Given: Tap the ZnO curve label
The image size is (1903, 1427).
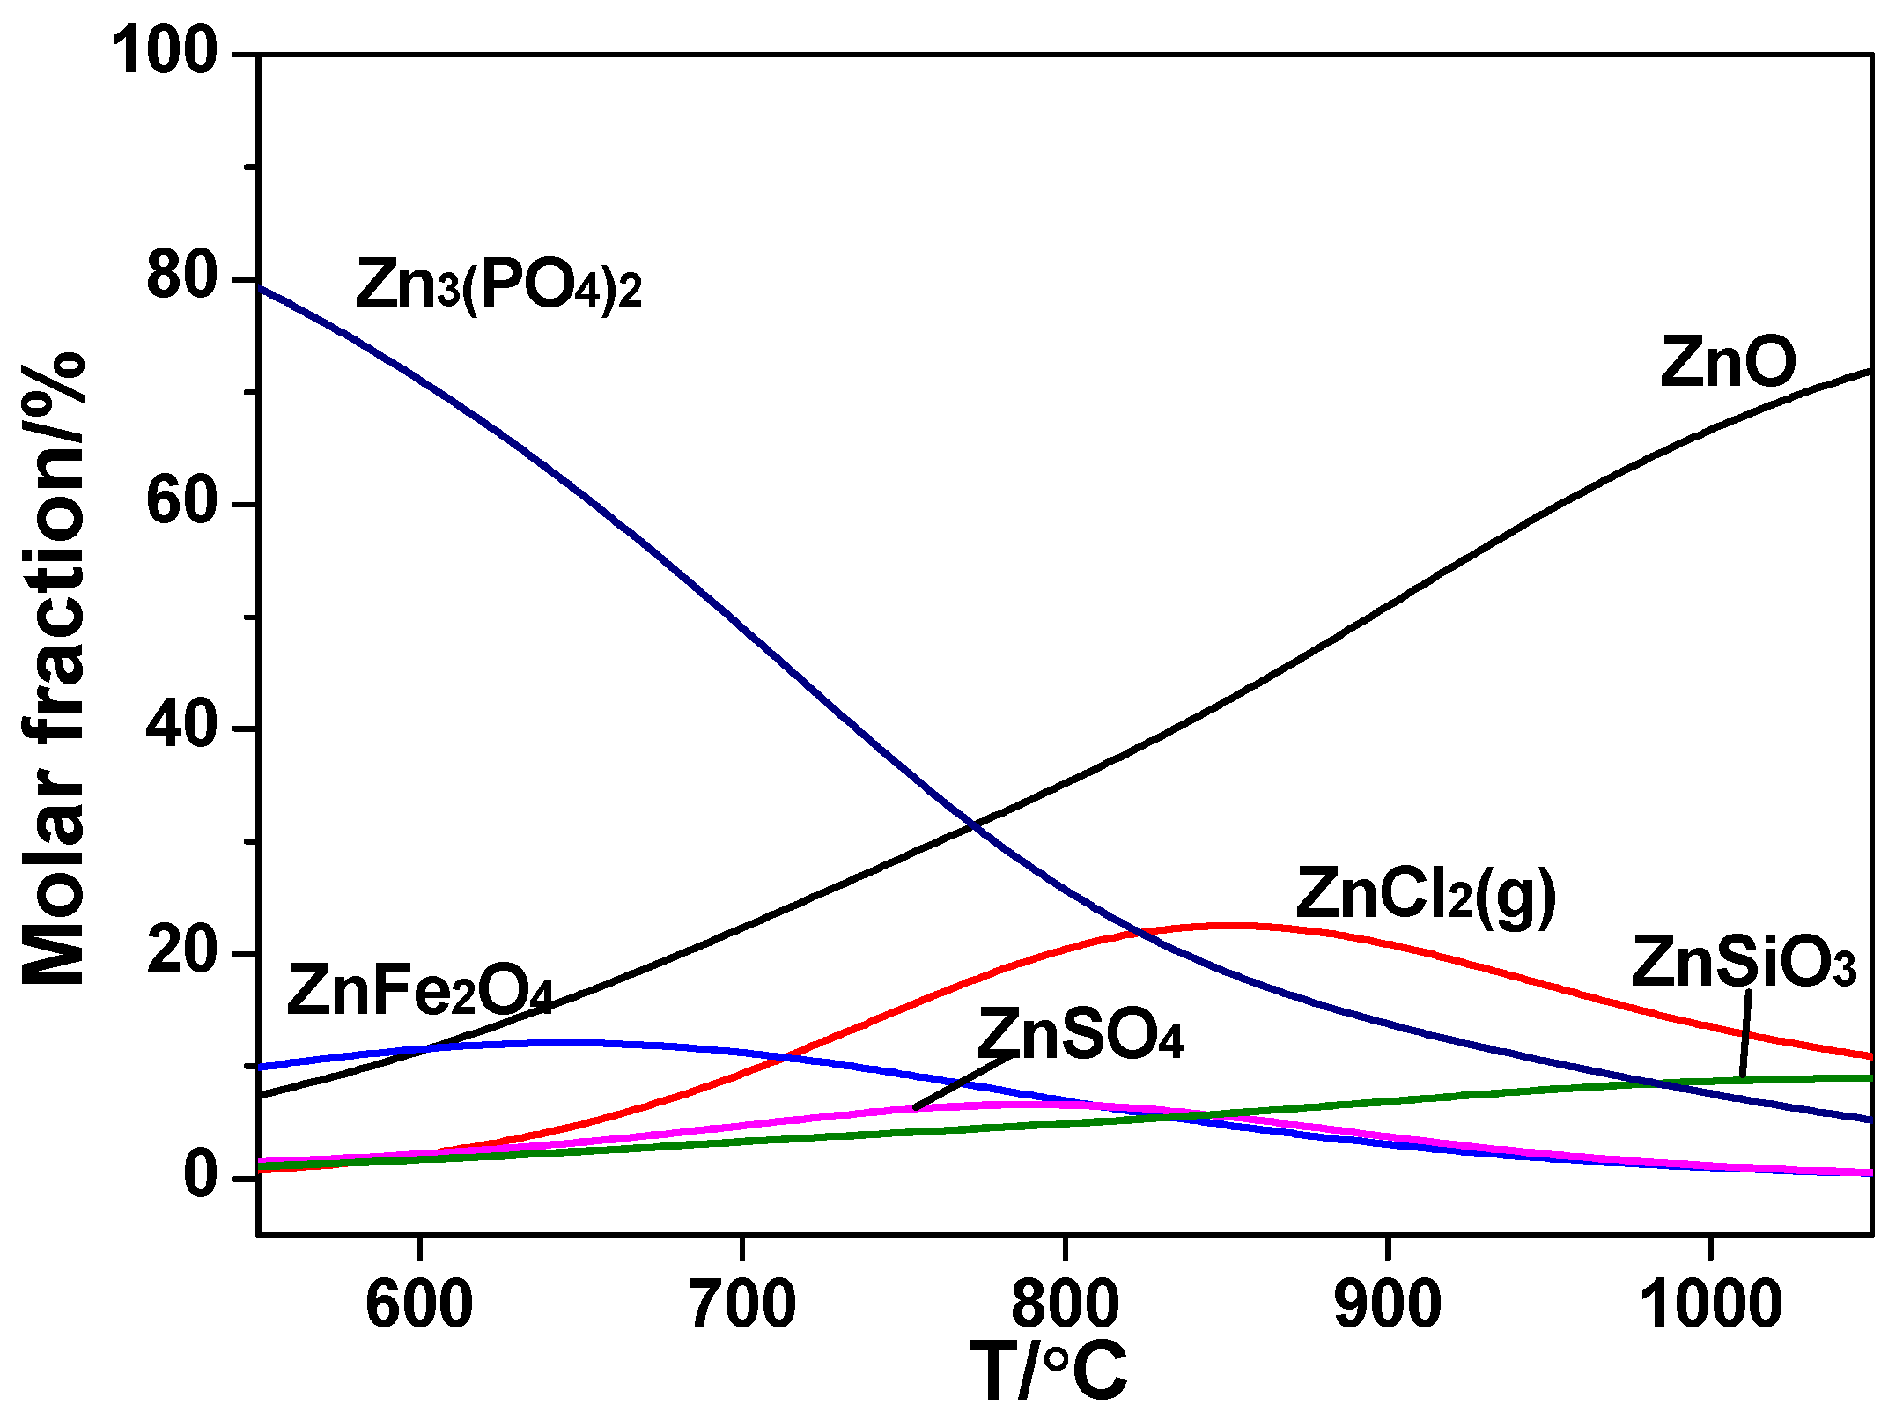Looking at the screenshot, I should (1728, 362).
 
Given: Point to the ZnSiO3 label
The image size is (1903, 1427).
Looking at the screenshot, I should (1744, 963).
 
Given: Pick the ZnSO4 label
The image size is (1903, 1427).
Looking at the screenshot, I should (1081, 1035).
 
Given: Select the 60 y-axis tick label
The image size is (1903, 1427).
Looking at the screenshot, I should (181, 503).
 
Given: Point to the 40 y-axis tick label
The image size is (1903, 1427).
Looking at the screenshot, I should (181, 728).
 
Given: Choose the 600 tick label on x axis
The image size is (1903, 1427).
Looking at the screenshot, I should (419, 1305).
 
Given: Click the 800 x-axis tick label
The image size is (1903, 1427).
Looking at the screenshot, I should (1065, 1305).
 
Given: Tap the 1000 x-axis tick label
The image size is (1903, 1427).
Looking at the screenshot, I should (1710, 1305).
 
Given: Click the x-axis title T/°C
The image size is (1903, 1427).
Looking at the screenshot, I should (1048, 1372).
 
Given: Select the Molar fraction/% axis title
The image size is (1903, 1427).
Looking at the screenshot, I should (55, 669).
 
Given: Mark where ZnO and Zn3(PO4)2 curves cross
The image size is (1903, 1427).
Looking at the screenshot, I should (972, 825).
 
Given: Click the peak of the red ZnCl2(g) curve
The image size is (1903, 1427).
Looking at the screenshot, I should (1237, 926).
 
